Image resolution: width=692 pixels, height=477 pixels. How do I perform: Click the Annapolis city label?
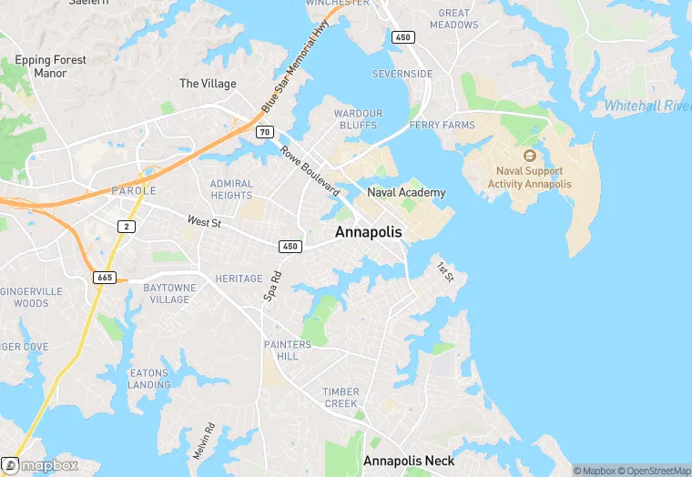tap(368, 232)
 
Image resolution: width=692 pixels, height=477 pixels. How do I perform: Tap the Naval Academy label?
tap(406, 192)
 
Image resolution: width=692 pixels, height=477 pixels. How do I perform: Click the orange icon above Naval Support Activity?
tap(530, 155)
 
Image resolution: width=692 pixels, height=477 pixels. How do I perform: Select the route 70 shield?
tap(264, 133)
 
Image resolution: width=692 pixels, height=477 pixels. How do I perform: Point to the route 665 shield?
tap(105, 276)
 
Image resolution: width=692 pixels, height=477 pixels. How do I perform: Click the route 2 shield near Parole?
tap(127, 226)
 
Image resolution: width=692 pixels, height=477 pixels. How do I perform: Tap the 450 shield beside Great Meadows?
tap(402, 37)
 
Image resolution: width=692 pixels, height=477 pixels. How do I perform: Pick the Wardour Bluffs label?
tap(358, 119)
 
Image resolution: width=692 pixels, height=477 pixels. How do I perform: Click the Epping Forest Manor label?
tap(50, 66)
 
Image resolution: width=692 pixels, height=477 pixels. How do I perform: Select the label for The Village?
tap(208, 84)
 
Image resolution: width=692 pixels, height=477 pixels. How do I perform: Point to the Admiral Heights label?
tap(231, 189)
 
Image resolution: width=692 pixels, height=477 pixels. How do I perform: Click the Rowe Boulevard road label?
tap(309, 171)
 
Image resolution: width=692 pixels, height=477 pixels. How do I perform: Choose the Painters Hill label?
tap(287, 350)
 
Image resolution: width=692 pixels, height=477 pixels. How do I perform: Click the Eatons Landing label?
tap(149, 379)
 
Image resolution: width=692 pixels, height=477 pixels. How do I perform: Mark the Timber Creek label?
tap(341, 398)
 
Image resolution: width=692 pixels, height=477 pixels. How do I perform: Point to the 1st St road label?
tap(444, 271)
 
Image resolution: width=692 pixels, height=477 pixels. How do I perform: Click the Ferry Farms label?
tap(442, 125)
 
